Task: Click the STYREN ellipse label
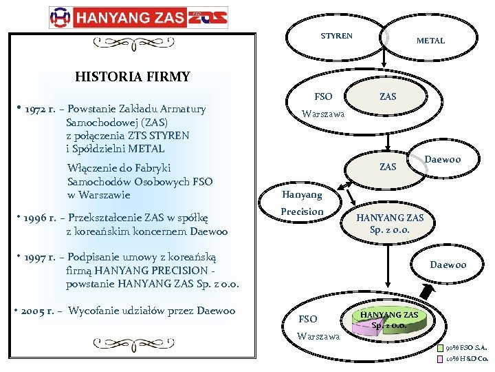tap(336, 35)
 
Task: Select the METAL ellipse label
tap(430, 41)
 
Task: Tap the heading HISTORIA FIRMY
tap(132, 76)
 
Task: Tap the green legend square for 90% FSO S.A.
tap(440, 348)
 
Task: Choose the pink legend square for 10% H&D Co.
tap(440, 358)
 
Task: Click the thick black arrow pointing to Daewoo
tap(427, 292)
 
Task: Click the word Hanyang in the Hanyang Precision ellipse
tap(302, 195)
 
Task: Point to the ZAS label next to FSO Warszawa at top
tap(388, 97)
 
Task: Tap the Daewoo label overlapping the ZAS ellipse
tap(442, 160)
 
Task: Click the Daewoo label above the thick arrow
tap(448, 265)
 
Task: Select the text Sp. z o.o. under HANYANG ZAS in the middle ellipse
tap(389, 229)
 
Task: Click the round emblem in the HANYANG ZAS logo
tap(61, 17)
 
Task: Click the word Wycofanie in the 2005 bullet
tap(96, 311)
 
